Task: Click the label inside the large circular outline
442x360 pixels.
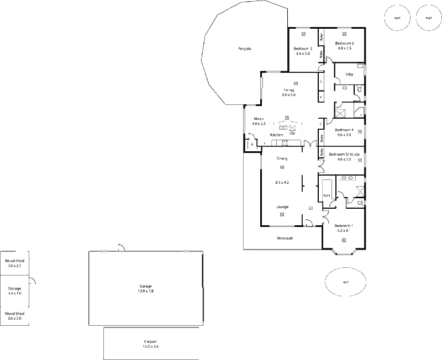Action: (x=245, y=49)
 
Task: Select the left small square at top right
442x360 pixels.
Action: (x=397, y=18)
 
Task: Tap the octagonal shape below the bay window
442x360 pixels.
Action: (x=345, y=283)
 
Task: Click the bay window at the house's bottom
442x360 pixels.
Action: (x=344, y=252)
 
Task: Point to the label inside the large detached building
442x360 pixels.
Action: (x=146, y=288)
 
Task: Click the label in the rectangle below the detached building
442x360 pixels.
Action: (x=150, y=344)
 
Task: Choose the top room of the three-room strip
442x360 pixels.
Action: (x=15, y=262)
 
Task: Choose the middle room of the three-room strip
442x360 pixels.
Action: (x=15, y=289)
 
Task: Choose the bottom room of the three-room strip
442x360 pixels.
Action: (x=15, y=315)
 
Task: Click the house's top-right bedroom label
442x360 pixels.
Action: (x=344, y=45)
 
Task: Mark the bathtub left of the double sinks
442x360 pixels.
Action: (x=327, y=188)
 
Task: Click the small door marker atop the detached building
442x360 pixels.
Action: (x=120, y=246)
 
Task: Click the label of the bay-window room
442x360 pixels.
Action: (x=343, y=227)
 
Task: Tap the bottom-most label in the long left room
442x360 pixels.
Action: (x=283, y=238)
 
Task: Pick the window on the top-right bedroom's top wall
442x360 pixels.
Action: (x=344, y=28)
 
